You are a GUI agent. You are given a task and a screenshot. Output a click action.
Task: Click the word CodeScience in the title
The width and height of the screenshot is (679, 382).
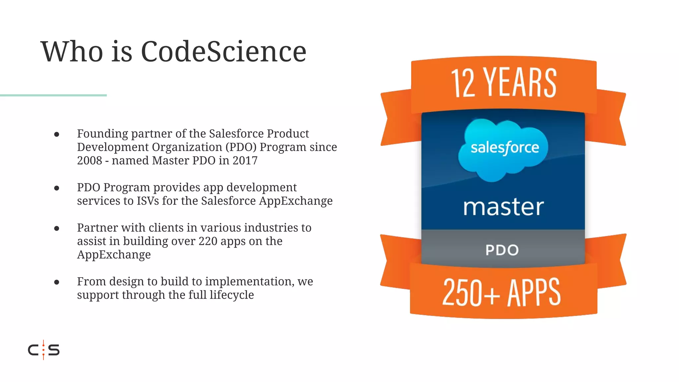(x=223, y=51)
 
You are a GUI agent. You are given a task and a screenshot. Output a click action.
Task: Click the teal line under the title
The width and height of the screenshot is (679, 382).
(x=53, y=95)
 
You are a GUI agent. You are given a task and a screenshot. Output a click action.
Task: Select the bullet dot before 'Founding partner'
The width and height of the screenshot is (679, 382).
(x=57, y=134)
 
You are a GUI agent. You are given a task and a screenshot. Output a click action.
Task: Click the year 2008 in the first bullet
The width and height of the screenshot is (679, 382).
(x=90, y=160)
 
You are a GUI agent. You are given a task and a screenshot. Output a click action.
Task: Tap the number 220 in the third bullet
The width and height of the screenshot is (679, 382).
(x=208, y=241)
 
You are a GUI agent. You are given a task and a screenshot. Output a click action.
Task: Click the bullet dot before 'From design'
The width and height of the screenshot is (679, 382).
(x=57, y=282)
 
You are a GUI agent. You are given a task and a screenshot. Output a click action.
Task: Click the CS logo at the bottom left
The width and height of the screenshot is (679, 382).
(x=44, y=350)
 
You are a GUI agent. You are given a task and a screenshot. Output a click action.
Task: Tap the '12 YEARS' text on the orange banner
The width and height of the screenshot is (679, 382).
(x=503, y=83)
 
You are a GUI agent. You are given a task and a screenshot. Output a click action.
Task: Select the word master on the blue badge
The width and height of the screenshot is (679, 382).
(x=503, y=207)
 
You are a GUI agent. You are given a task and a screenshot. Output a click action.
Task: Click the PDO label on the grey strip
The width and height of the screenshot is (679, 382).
(x=502, y=250)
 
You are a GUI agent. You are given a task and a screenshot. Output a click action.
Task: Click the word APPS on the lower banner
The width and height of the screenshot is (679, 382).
(x=534, y=292)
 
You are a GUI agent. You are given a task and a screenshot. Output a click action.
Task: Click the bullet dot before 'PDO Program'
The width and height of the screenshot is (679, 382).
(x=57, y=188)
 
